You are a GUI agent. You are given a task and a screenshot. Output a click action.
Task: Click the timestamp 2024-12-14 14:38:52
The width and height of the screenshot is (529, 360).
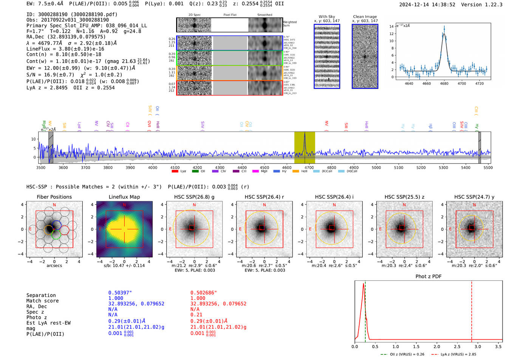click(427, 5)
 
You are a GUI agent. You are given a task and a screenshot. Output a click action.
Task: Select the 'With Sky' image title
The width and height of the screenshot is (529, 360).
click(326, 17)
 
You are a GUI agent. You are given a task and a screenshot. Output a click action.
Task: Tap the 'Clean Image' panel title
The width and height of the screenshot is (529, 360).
click(365, 17)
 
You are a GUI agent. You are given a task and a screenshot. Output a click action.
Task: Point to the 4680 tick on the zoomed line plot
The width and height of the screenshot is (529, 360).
click(444, 83)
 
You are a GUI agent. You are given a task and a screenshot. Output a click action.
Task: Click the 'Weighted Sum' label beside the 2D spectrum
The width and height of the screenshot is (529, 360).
click(290, 24)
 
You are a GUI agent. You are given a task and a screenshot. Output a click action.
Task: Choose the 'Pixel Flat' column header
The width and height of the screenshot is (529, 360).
click(230, 15)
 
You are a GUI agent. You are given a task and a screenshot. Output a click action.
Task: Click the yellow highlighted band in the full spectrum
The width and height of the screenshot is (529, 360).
click(305, 147)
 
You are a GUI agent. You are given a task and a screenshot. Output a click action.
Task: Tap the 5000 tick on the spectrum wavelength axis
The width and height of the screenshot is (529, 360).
click(376, 168)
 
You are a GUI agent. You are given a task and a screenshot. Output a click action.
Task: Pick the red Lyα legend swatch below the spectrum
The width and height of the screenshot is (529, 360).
click(175, 172)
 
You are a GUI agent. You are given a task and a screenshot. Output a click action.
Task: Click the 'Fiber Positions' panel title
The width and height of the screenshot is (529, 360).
click(54, 197)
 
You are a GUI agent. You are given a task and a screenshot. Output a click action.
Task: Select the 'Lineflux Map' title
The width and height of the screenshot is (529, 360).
click(124, 197)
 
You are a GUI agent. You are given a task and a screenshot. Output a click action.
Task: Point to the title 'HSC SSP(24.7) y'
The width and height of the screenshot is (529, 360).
click(474, 197)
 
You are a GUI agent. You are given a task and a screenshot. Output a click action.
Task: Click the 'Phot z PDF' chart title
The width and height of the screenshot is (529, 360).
click(428, 277)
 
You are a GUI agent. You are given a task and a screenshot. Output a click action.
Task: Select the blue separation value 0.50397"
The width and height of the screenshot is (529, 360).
click(120, 293)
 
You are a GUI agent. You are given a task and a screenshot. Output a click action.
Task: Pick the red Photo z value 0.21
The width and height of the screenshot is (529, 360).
click(196, 315)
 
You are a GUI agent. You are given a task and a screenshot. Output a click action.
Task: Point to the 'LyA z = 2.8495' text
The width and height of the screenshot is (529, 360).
click(47, 88)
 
